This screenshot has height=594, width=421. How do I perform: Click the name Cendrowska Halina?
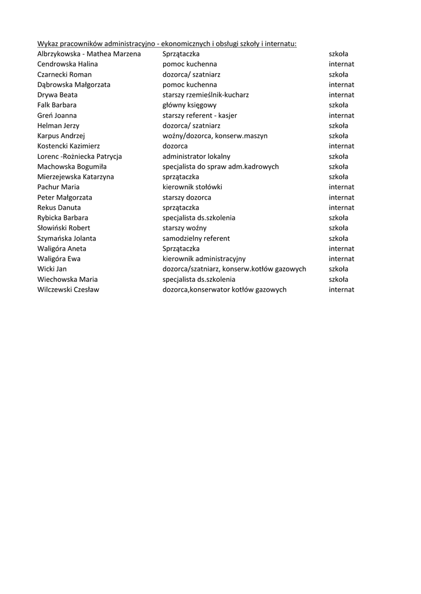click(67, 64)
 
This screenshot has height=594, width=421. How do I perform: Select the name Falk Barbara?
click(57, 105)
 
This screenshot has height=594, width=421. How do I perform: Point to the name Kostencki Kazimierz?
click(69, 146)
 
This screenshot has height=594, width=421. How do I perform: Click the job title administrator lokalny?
click(196, 157)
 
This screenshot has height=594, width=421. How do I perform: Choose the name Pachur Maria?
click(59, 187)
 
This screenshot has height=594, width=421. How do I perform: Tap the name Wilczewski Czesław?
click(68, 289)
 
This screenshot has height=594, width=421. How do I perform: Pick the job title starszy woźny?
click(184, 228)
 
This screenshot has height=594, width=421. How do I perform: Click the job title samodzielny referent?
click(196, 238)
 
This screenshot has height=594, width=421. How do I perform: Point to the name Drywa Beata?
click(57, 95)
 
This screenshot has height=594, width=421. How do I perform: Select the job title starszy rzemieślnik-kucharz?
click(206, 95)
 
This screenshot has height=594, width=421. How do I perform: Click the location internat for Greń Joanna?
click(341, 115)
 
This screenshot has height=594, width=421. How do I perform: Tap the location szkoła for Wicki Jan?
click(339, 269)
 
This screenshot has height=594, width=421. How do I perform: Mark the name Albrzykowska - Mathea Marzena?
click(89, 54)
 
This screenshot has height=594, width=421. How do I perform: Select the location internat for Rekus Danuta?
click(341, 208)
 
